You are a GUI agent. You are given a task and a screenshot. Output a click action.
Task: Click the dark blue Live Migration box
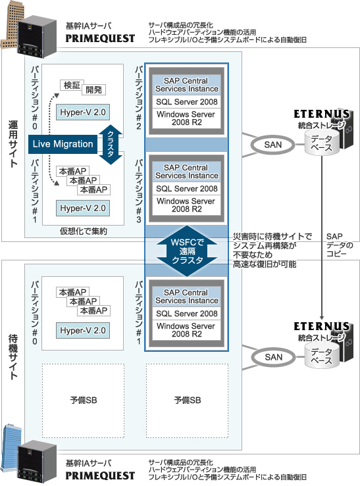point(63,144)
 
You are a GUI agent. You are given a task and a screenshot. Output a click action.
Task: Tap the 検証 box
point(71,85)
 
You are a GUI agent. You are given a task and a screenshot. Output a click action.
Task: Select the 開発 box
point(93,90)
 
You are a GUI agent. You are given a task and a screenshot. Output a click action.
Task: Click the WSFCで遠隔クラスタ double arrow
point(188,251)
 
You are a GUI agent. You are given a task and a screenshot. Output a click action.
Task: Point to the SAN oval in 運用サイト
point(273,145)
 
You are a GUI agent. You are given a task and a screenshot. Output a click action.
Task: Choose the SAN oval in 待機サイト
point(273,357)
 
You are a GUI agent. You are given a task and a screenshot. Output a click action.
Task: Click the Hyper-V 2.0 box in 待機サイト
point(83,330)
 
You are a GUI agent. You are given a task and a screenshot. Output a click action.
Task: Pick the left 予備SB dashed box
point(83,401)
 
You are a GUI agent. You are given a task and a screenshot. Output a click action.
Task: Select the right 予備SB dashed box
point(188,401)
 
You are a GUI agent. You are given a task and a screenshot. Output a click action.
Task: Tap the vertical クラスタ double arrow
point(111,145)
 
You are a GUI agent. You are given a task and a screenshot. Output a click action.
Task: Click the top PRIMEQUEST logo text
point(100,38)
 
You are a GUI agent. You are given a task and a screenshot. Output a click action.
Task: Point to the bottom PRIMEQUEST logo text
point(100,475)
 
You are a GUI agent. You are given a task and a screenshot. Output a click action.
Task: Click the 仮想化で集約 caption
point(83,231)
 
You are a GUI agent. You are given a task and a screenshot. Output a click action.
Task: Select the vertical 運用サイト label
point(13,144)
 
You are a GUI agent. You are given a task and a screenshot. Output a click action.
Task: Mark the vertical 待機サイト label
point(13,356)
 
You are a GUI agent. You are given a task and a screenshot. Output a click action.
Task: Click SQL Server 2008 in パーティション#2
point(187,102)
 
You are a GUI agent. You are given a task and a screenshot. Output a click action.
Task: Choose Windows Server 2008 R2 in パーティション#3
point(187,205)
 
